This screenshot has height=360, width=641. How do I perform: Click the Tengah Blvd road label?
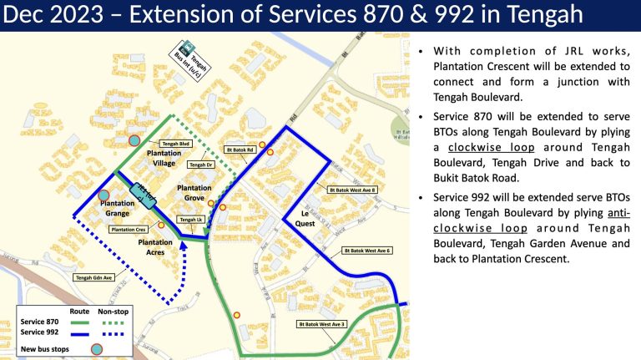coord(176,144)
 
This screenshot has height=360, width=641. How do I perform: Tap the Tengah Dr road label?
coord(201,165)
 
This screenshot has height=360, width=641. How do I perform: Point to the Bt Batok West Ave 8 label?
coord(354,190)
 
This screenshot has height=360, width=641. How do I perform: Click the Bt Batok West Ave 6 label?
coord(368,250)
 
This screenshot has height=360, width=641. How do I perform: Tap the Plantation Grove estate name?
coord(194,194)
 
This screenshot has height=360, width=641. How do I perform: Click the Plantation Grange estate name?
coord(118,208)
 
